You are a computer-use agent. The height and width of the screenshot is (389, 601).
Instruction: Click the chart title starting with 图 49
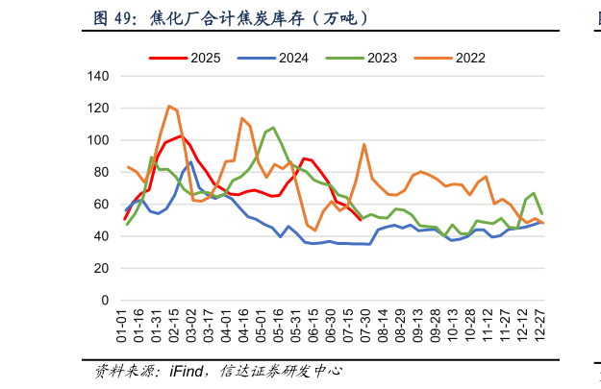coord(230,18)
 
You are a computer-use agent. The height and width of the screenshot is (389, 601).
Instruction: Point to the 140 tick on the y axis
coord(98,76)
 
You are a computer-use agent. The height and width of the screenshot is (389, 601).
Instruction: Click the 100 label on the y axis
coord(98,140)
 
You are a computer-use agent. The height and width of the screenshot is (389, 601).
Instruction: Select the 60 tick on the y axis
coord(101,205)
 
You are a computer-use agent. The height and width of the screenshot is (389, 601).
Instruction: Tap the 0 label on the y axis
coord(105,301)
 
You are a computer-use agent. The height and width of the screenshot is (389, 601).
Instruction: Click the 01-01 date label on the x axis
coord(123,325)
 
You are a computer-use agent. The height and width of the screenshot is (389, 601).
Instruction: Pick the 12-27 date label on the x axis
coord(542,325)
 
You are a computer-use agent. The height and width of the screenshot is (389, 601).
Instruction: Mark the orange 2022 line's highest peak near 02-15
coord(169,106)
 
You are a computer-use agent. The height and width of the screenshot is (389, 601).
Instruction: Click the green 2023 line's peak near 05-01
coord(273,127)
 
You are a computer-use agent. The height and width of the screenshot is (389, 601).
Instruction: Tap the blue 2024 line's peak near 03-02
coord(190,162)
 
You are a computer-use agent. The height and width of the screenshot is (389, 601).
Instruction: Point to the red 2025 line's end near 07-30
coord(361,220)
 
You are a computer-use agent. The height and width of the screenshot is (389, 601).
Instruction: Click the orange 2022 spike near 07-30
coord(364,144)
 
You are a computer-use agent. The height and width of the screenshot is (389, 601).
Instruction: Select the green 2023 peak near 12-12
coord(534,193)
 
